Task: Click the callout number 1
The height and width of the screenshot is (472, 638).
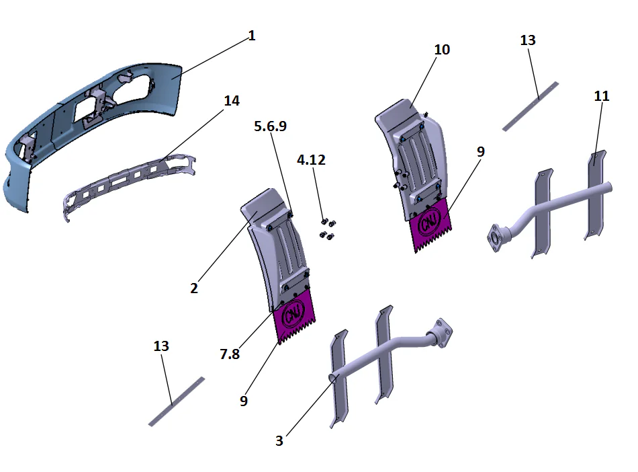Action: [x=252, y=36]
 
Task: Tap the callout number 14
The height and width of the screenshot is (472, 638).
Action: [x=231, y=101]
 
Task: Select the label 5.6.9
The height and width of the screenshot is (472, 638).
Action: [x=271, y=126]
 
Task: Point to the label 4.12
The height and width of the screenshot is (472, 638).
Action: [x=311, y=160]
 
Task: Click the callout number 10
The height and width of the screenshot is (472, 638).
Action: [x=442, y=50]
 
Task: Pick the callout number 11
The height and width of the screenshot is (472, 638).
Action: [x=602, y=96]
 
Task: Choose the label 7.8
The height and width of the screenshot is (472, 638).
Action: [x=229, y=354]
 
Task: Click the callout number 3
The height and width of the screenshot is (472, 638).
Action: [x=279, y=441]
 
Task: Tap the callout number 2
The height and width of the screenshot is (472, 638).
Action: [x=194, y=288]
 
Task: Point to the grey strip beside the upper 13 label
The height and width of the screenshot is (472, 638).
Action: [x=531, y=106]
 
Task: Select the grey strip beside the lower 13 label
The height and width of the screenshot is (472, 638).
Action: [x=176, y=401]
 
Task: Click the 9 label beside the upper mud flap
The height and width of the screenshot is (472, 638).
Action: [x=480, y=152]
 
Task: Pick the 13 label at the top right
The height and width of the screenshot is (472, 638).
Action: [x=528, y=40]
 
